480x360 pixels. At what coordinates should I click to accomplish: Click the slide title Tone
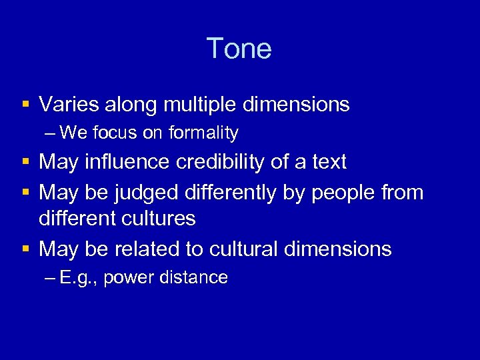pyautogui.click(x=239, y=49)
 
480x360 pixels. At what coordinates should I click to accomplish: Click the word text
pyautogui.click(x=328, y=162)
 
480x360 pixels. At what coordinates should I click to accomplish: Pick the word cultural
pyautogui.click(x=242, y=249)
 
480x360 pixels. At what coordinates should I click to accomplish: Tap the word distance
pyautogui.click(x=195, y=278)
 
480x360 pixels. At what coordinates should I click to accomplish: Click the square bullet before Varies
pyautogui.click(x=25, y=105)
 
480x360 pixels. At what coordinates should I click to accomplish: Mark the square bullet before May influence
pyautogui.click(x=25, y=163)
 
